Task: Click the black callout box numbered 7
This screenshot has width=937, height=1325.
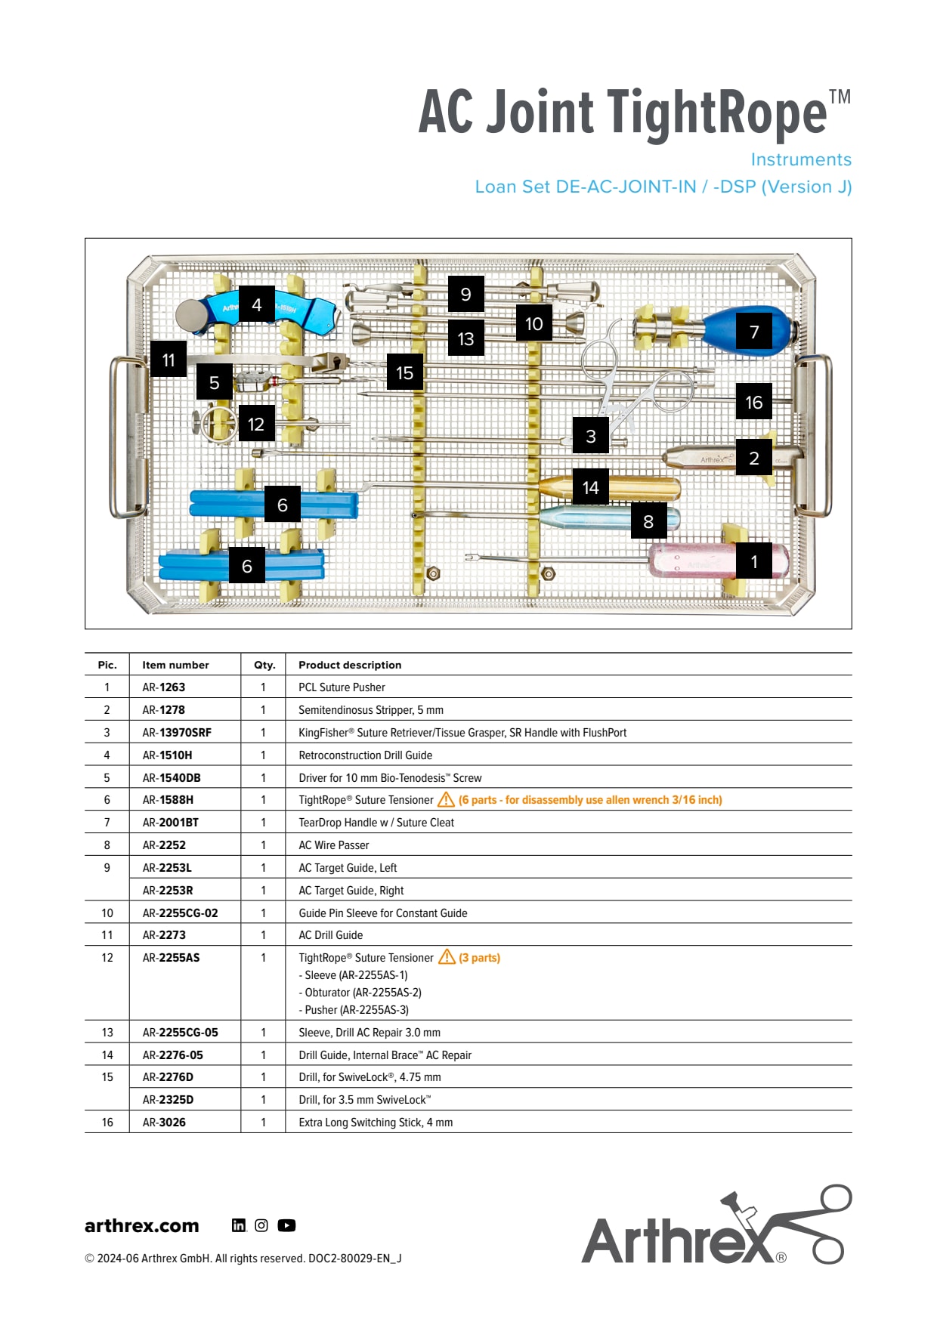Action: click(753, 332)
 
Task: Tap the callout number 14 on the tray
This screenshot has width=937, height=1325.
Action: click(590, 488)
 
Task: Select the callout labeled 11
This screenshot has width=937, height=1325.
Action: click(169, 360)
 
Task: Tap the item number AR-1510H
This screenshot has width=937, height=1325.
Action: click(167, 755)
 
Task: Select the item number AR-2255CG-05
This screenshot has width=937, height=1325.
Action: click(180, 1032)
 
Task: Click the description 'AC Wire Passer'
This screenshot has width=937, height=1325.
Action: click(333, 845)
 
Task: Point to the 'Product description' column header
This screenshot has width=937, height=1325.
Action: click(350, 665)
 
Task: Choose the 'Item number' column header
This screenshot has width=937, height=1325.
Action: click(175, 665)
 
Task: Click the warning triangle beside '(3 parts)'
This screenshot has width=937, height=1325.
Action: click(447, 957)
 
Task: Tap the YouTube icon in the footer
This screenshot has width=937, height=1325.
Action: click(286, 1225)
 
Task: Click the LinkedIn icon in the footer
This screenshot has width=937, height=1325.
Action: click(239, 1225)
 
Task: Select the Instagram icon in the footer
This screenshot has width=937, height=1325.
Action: click(261, 1225)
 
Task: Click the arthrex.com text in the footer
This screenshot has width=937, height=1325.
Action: click(142, 1225)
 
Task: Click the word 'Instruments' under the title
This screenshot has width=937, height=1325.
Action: click(801, 159)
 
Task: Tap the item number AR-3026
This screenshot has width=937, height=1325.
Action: click(164, 1122)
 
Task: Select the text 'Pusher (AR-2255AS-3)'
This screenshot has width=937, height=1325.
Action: click(356, 1009)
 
